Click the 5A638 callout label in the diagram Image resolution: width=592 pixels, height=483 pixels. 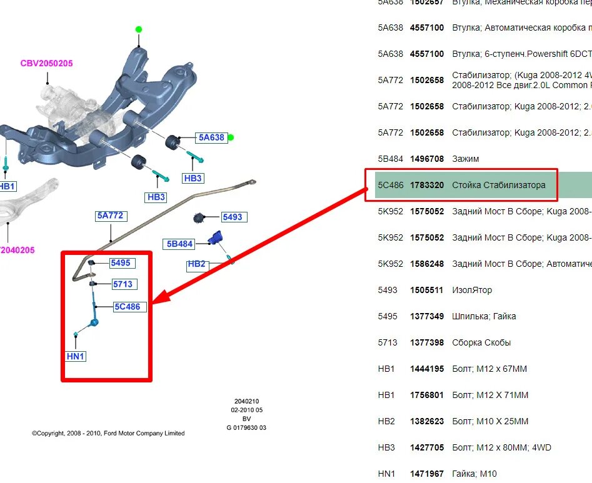(211, 137)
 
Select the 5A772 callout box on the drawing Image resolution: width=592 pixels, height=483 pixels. (111, 216)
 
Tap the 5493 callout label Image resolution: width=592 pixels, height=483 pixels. (233, 217)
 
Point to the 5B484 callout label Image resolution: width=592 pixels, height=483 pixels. (180, 244)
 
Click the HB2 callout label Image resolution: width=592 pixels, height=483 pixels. (196, 264)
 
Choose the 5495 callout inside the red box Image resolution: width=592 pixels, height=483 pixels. (121, 263)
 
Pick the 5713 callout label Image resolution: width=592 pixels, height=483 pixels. (123, 284)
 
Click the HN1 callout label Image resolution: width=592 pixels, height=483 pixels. (75, 356)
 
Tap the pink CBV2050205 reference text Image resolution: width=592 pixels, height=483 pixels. (46, 63)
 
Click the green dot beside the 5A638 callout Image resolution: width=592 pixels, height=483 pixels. (231, 137)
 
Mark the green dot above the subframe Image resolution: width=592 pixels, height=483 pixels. (139, 29)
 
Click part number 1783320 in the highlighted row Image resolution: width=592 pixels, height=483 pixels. (427, 185)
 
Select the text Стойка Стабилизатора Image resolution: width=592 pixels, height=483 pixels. (498, 185)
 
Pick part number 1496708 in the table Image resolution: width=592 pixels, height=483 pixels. (427, 159)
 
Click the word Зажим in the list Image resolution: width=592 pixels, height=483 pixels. (465, 159)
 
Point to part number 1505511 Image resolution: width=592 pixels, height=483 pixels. (427, 290)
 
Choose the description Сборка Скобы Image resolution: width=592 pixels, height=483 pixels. (481, 342)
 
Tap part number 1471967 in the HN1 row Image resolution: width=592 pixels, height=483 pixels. (427, 474)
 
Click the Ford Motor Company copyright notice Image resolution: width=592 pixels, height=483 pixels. (108, 433)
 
